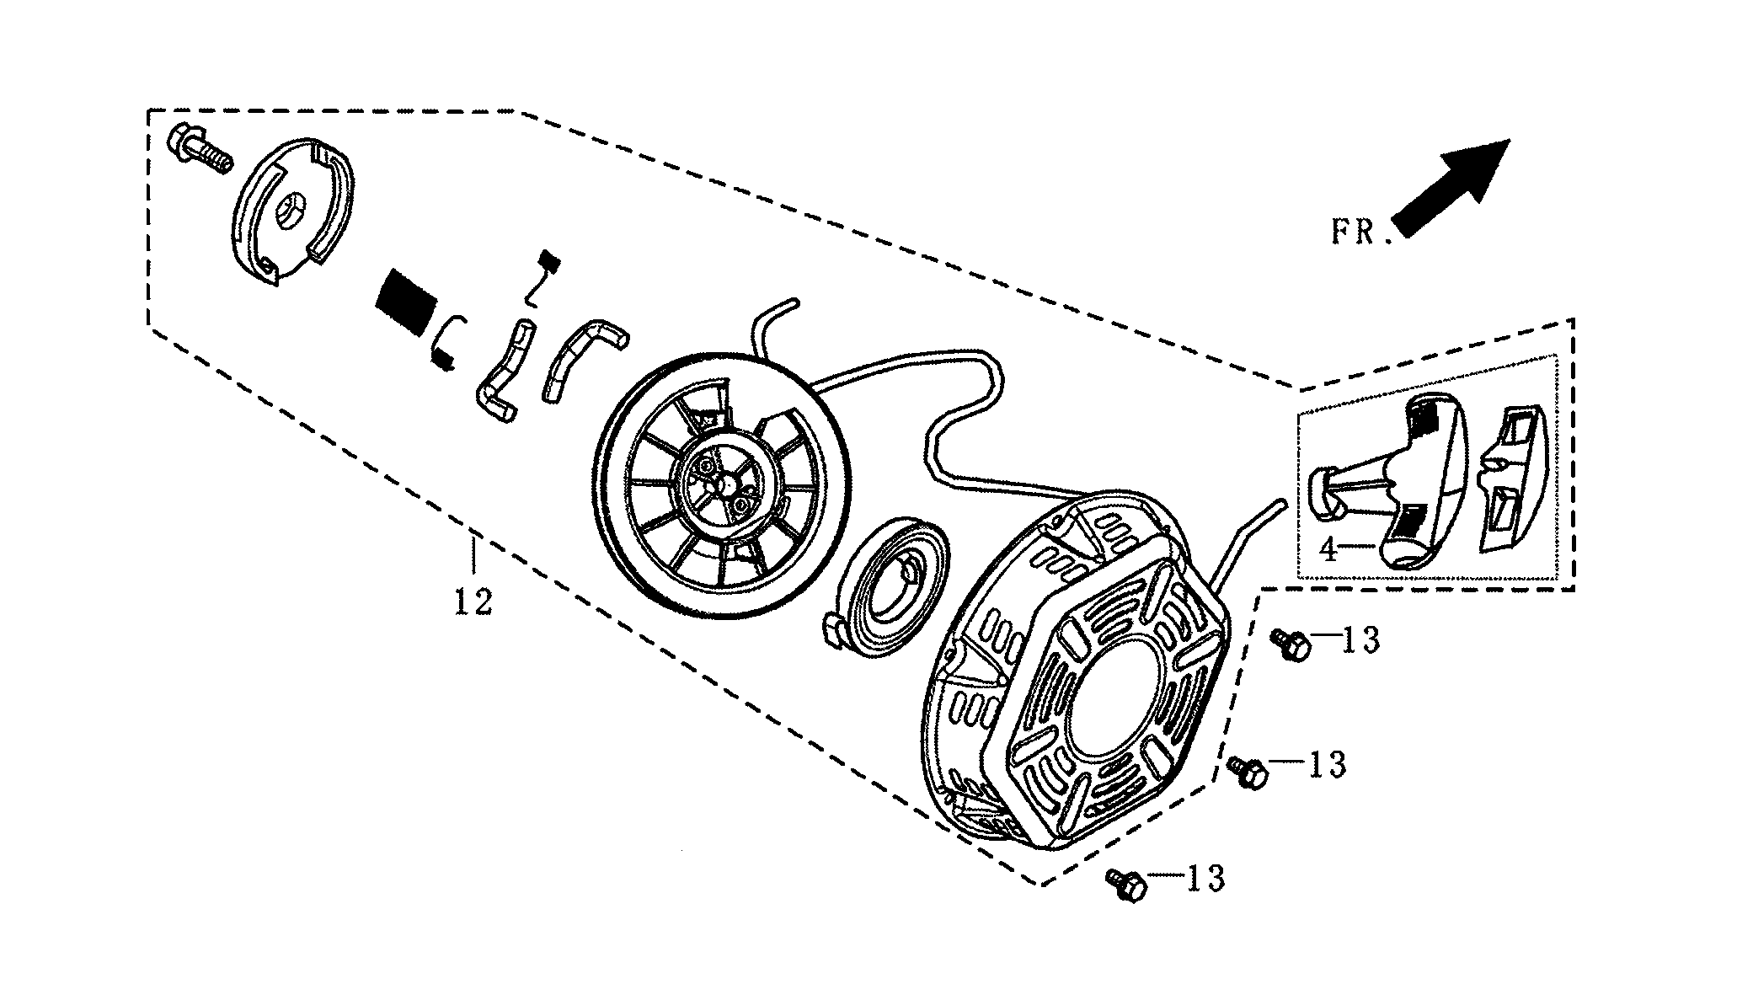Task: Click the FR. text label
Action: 1359,233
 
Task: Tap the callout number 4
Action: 1328,551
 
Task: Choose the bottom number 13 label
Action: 1205,879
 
